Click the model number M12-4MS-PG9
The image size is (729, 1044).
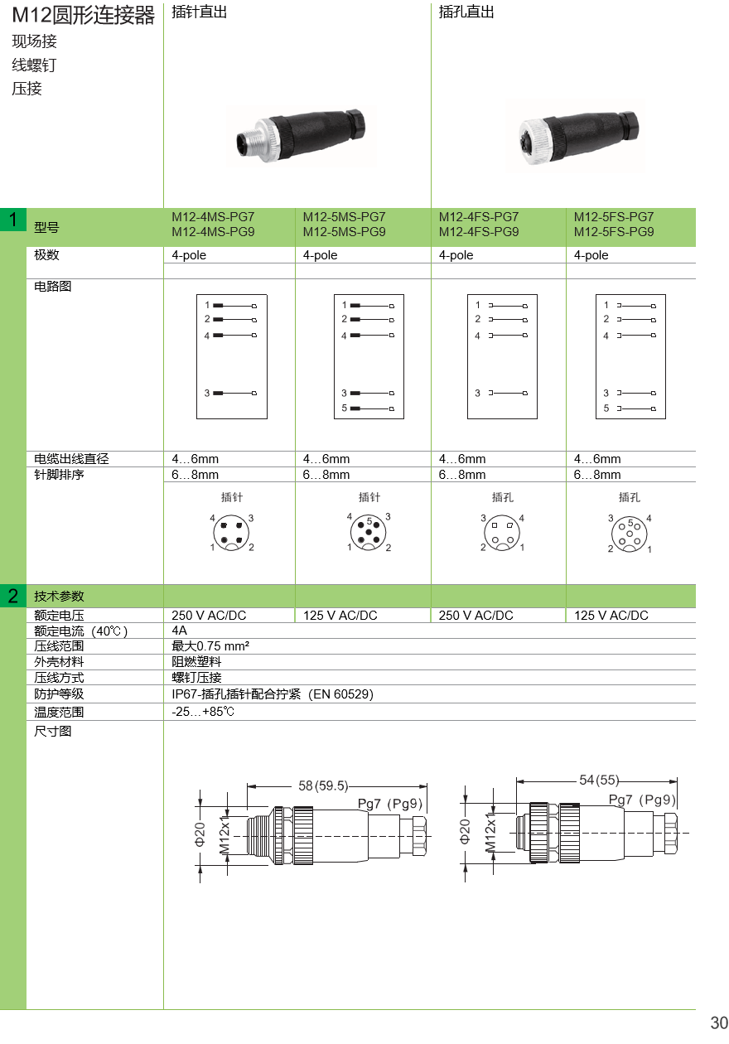[x=212, y=232]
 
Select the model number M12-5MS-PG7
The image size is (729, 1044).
[x=344, y=217]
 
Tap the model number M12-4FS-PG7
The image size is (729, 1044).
[x=479, y=217]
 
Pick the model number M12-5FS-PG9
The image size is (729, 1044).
[x=614, y=232]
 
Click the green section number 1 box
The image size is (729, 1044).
[x=13, y=220]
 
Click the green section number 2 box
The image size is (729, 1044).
[x=13, y=595]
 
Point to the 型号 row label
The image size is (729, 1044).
[x=46, y=227]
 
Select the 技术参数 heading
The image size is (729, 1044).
[x=59, y=596]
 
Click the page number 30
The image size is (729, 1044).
[x=718, y=1023]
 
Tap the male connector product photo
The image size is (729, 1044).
[x=302, y=136]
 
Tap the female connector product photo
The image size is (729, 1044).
[x=575, y=136]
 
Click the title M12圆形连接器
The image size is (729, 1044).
[x=83, y=16]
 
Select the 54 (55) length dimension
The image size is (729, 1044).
[x=599, y=780]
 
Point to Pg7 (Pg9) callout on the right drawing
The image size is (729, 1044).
[x=643, y=800]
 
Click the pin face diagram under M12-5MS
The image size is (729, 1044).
[x=369, y=533]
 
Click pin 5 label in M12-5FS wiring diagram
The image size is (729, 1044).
[x=606, y=408]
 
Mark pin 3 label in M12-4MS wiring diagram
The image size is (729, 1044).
[x=207, y=393]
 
